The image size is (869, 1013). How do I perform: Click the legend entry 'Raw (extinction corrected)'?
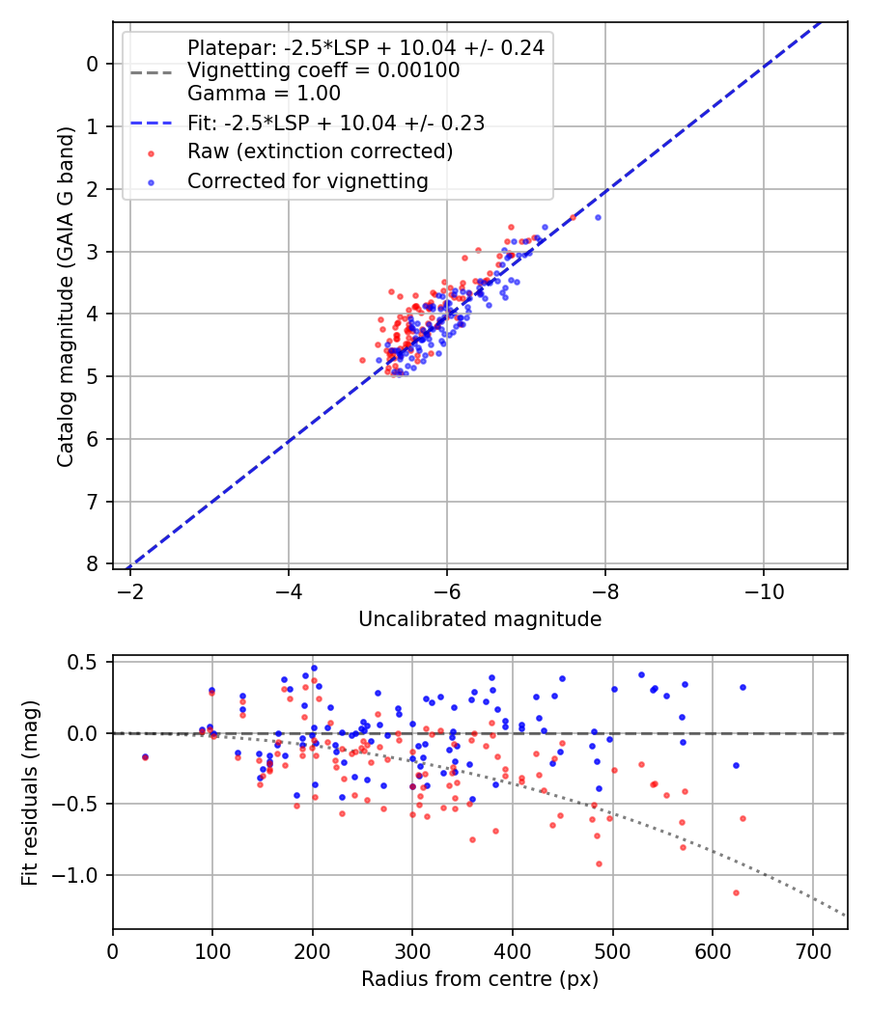click(320, 151)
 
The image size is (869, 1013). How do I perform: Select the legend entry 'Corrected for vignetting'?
click(307, 180)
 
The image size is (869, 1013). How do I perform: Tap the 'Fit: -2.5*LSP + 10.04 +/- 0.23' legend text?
click(335, 123)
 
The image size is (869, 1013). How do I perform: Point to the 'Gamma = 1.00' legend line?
click(264, 94)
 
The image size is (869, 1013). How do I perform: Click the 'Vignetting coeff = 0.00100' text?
click(322, 70)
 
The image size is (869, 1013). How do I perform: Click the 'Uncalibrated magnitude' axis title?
click(480, 619)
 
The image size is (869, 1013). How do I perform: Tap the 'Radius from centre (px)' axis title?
click(480, 979)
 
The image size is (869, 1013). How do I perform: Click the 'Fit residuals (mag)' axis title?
click(30, 792)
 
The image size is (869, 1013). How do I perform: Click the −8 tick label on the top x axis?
click(604, 589)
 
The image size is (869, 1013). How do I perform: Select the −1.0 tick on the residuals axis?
click(84, 875)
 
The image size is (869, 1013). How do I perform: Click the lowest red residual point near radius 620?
click(736, 892)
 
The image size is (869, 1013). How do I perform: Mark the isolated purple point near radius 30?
click(145, 757)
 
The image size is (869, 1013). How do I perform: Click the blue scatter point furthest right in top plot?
click(598, 217)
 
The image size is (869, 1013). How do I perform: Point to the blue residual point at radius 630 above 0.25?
click(743, 687)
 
